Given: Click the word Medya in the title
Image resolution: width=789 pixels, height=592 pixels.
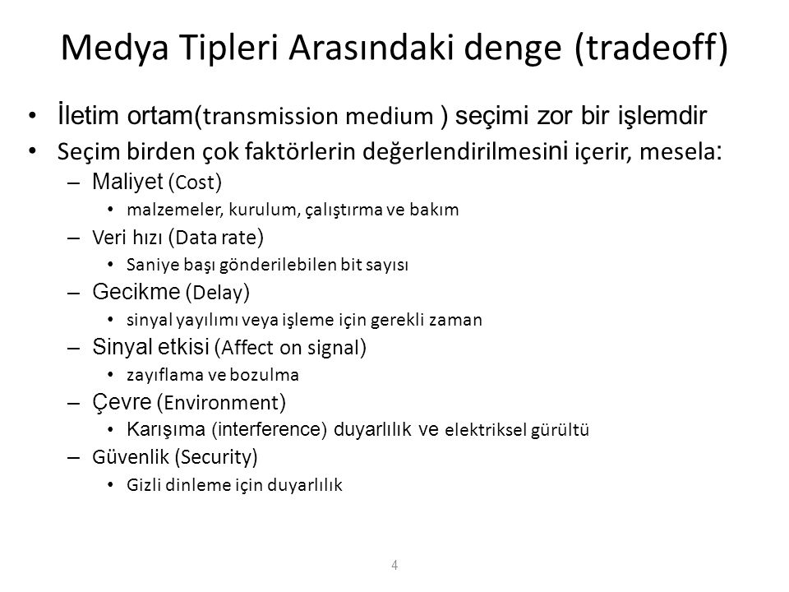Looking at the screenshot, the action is (x=115, y=49).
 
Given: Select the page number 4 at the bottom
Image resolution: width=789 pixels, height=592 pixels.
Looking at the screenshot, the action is (x=394, y=565).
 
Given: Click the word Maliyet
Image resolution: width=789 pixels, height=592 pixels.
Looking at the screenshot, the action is (x=128, y=182).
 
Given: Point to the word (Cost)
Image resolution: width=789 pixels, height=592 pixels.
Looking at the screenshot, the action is (x=196, y=183).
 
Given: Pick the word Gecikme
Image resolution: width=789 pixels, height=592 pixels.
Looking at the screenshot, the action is (x=136, y=291).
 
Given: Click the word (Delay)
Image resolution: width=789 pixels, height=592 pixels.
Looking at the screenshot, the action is (x=218, y=293).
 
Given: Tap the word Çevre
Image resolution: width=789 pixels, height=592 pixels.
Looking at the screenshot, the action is (x=122, y=403).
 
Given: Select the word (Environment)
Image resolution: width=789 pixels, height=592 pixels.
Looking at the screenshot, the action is (x=221, y=403).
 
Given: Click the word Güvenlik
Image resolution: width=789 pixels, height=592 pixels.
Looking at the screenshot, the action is (x=131, y=457).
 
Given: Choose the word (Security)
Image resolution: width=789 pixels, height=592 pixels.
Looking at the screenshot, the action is (x=216, y=458).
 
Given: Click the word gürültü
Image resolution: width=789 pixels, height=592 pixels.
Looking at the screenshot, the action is (x=560, y=430).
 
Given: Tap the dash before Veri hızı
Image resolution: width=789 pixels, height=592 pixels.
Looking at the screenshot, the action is (x=73, y=238).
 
